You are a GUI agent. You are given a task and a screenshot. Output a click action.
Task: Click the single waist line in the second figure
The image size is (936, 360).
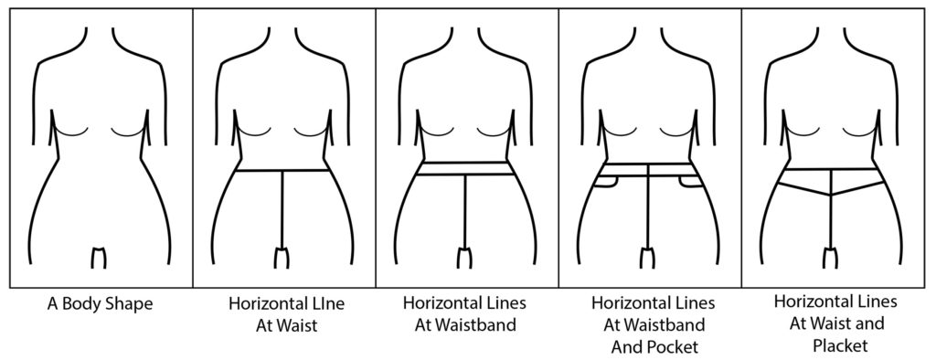click(x=282, y=171)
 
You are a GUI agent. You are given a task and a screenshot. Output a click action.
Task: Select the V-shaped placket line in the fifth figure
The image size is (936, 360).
click(x=832, y=189)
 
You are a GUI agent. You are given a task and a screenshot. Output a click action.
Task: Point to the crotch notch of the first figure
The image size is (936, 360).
click(x=101, y=255)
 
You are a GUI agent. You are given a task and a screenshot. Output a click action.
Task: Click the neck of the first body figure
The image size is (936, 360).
click(x=101, y=41)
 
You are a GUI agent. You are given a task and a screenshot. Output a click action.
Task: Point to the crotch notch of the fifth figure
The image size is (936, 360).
click(x=832, y=255)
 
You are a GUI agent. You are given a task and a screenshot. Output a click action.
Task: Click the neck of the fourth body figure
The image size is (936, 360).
click(x=649, y=41)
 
